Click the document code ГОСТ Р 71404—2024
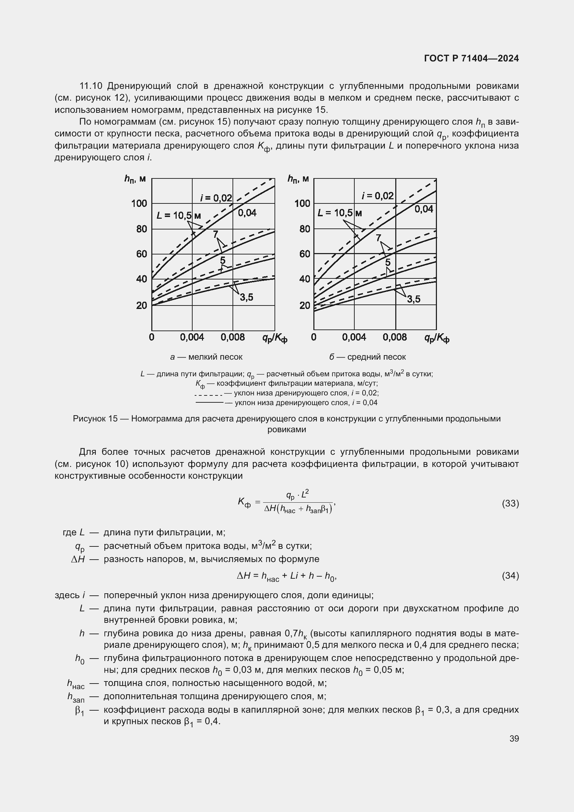tap(471, 58)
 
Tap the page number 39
tap(514, 738)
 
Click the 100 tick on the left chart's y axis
tap(139, 203)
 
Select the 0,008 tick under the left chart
tap(233, 337)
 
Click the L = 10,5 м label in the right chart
tap(340, 213)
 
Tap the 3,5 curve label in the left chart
tap(247, 298)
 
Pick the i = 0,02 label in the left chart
tap(216, 198)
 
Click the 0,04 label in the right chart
tap(424, 209)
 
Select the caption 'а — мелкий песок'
tap(206, 357)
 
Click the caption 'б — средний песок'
tap(368, 357)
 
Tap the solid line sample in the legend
tap(209, 402)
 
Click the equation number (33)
tap(510, 503)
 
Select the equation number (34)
tap(510, 576)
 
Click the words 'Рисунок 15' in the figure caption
tap(95, 419)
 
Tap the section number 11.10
tap(91, 86)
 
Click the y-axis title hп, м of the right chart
tap(298, 179)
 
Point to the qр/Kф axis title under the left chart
tap(275, 339)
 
